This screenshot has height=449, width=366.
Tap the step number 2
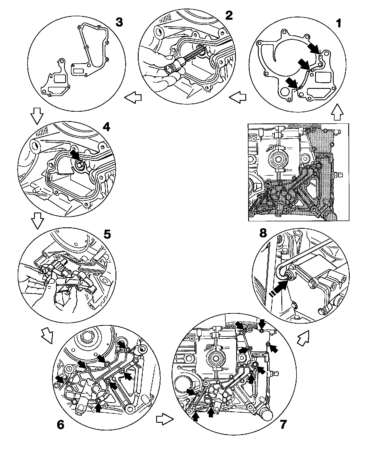(x=229, y=15)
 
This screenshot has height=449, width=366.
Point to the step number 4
(x=106, y=127)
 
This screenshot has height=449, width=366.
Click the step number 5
(x=107, y=234)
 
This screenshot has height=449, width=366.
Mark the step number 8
(x=263, y=233)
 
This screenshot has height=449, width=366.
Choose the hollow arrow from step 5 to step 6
(x=47, y=334)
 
